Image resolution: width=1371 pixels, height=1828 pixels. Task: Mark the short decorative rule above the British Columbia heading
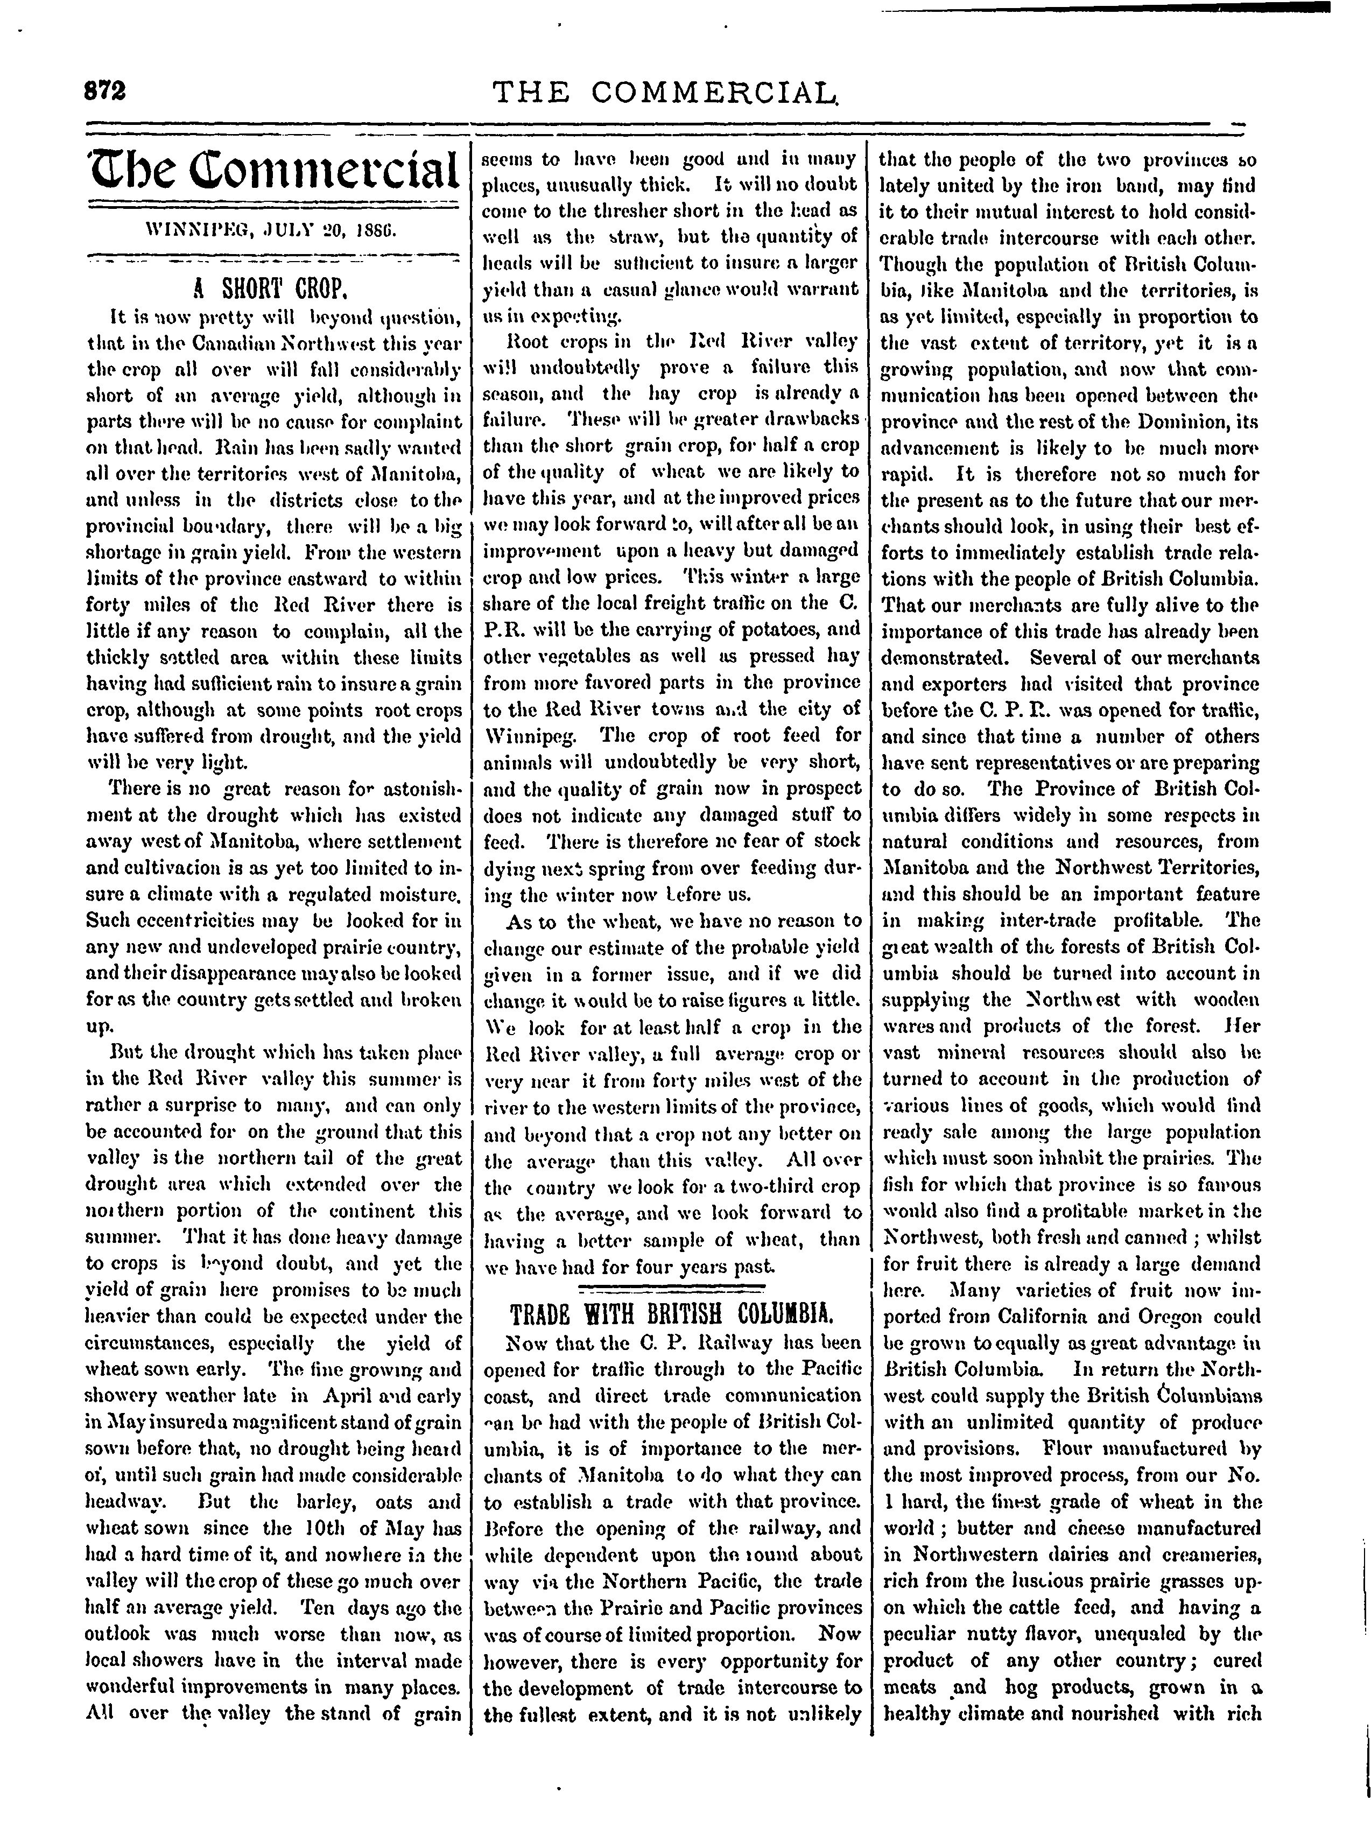670,1288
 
